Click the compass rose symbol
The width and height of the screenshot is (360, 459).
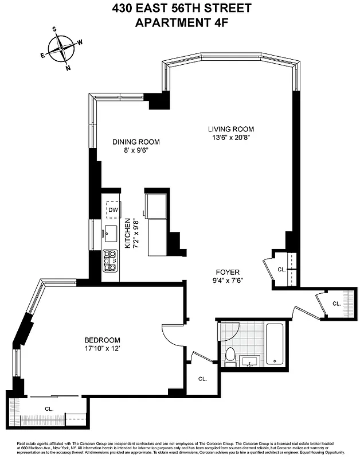click(x=61, y=48)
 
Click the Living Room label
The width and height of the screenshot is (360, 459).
click(x=230, y=129)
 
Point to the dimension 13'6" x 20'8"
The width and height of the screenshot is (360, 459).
click(x=230, y=138)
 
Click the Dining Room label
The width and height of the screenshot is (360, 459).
click(x=136, y=142)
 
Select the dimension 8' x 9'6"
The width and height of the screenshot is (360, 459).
click(x=136, y=151)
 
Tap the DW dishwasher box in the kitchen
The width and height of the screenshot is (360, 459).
click(x=113, y=210)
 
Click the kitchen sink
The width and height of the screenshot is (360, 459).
click(x=109, y=232)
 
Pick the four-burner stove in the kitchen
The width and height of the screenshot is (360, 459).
click(x=109, y=260)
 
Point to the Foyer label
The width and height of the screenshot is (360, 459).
click(x=228, y=272)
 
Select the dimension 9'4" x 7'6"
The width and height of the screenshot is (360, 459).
click(x=228, y=281)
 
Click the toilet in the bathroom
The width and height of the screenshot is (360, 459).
click(x=230, y=356)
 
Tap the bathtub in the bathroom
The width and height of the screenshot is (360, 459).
click(x=275, y=344)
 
